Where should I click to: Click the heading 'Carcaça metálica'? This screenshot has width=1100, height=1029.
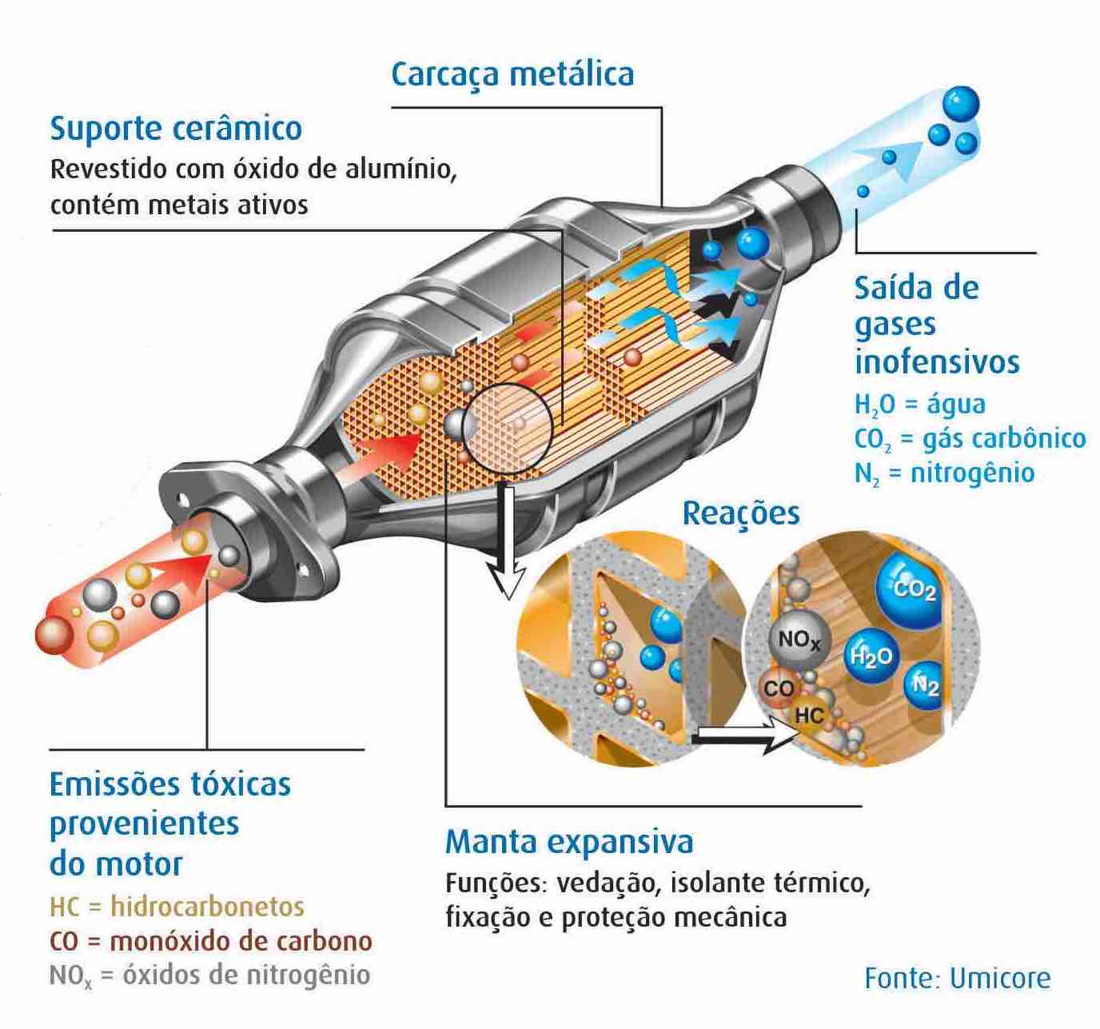coord(512,74)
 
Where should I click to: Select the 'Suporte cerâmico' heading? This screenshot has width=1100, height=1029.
coord(176,128)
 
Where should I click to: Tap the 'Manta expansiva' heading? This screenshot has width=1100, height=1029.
coord(569,841)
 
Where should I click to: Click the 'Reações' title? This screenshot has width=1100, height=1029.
coord(741,513)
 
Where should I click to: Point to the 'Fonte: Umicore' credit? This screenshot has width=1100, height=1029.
coord(958,978)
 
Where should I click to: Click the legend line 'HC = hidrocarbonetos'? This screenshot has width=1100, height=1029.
coord(177,907)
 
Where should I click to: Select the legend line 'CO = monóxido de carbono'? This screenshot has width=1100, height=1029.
coord(211,941)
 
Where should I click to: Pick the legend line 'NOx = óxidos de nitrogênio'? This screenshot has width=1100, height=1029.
coord(209,975)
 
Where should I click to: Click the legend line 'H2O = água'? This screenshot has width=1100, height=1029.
coord(919,405)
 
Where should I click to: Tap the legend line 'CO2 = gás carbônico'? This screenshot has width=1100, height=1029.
coord(970,439)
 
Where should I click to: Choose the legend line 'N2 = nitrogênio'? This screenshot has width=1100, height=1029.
coord(944,473)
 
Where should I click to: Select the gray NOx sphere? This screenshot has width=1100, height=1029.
coord(799,640)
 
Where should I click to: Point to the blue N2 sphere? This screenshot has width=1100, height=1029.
coord(925,686)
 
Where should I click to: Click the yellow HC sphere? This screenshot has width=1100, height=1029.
coord(809,714)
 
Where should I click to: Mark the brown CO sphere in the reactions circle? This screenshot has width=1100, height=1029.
coord(778,689)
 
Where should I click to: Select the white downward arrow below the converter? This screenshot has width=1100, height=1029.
coord(506,544)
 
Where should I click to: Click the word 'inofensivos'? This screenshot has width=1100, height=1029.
coord(937,361)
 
